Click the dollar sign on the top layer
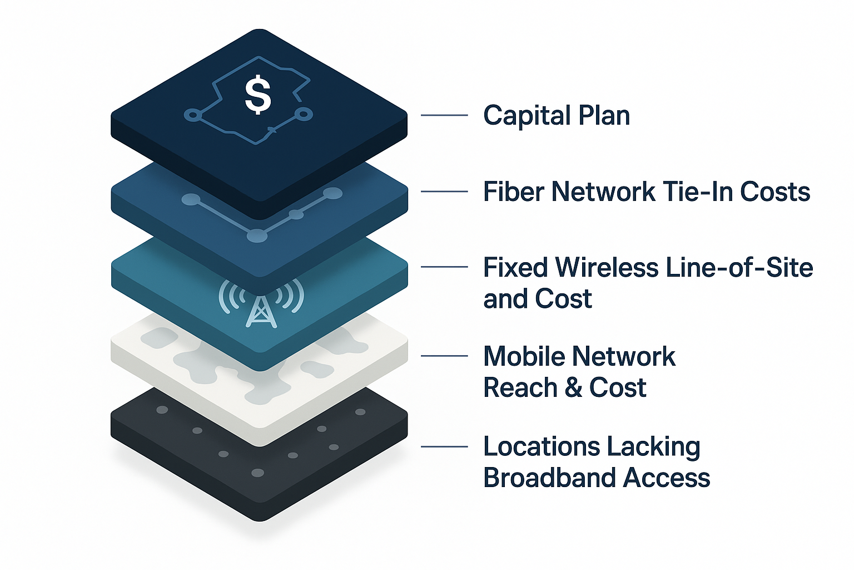pyautogui.click(x=258, y=95)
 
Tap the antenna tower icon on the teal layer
pyautogui.click(x=261, y=311)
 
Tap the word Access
pyautogui.click(x=667, y=478)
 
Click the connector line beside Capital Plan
pyautogui.click(x=444, y=115)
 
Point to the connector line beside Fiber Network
pyautogui.click(x=444, y=191)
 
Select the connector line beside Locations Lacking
pyautogui.click(x=444, y=446)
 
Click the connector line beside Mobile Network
pyautogui.click(x=444, y=356)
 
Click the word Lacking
pyautogui.click(x=653, y=447)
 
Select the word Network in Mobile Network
pyautogui.click(x=624, y=357)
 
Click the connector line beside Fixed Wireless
pyautogui.click(x=444, y=267)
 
